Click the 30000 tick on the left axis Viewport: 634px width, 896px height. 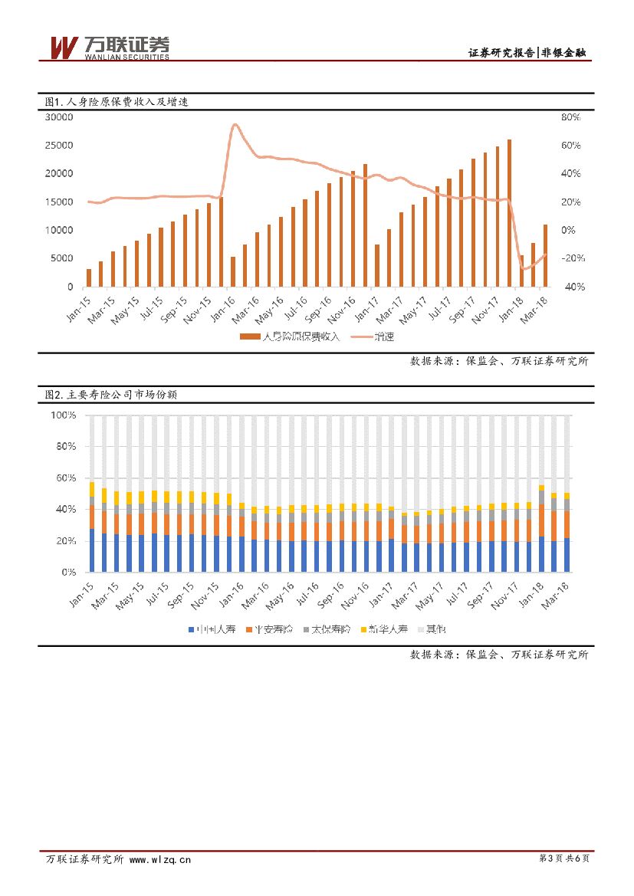point(59,117)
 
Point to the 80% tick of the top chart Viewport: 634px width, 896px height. point(571,117)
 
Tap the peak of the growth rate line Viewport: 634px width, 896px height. point(235,125)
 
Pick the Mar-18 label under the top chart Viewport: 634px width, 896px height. point(541,307)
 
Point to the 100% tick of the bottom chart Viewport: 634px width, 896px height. point(63,415)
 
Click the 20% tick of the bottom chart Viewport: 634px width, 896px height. point(65,540)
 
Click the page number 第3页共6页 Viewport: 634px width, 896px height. point(564,859)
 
